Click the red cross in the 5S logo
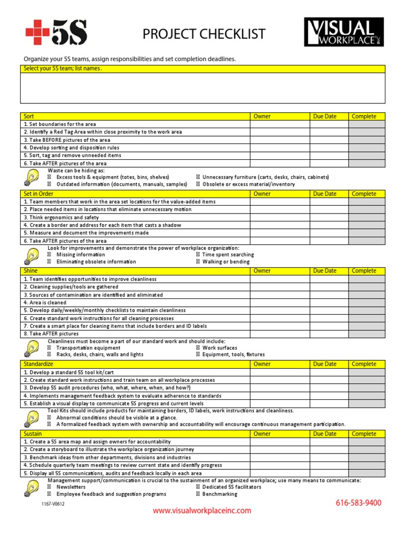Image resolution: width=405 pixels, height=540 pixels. [37, 32]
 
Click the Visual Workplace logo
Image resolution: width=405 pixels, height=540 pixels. [343, 32]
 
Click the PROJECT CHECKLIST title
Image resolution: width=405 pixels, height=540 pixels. [204, 35]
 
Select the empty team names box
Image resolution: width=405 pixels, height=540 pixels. [202, 88]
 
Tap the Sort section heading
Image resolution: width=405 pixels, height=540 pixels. [29, 117]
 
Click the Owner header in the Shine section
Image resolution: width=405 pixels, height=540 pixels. [262, 271]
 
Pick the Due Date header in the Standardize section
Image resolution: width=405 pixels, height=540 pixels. [325, 364]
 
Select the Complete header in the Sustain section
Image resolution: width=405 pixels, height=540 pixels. [364, 434]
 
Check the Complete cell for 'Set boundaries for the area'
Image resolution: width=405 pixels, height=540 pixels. [367, 124]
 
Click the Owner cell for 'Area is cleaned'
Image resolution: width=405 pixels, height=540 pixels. [279, 303]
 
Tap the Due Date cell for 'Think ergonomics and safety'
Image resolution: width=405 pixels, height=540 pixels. [329, 217]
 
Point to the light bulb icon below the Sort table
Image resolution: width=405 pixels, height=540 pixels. [32, 178]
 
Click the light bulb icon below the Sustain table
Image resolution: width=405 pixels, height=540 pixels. [32, 488]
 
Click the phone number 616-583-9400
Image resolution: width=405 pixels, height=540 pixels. [359, 503]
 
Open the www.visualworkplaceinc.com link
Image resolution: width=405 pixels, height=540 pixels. [202, 510]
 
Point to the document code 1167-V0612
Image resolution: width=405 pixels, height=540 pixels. [54, 504]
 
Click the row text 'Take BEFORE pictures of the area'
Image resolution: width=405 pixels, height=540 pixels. [67, 140]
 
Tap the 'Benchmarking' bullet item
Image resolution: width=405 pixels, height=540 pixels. [220, 495]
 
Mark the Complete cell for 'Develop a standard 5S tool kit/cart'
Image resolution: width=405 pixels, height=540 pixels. [367, 372]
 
